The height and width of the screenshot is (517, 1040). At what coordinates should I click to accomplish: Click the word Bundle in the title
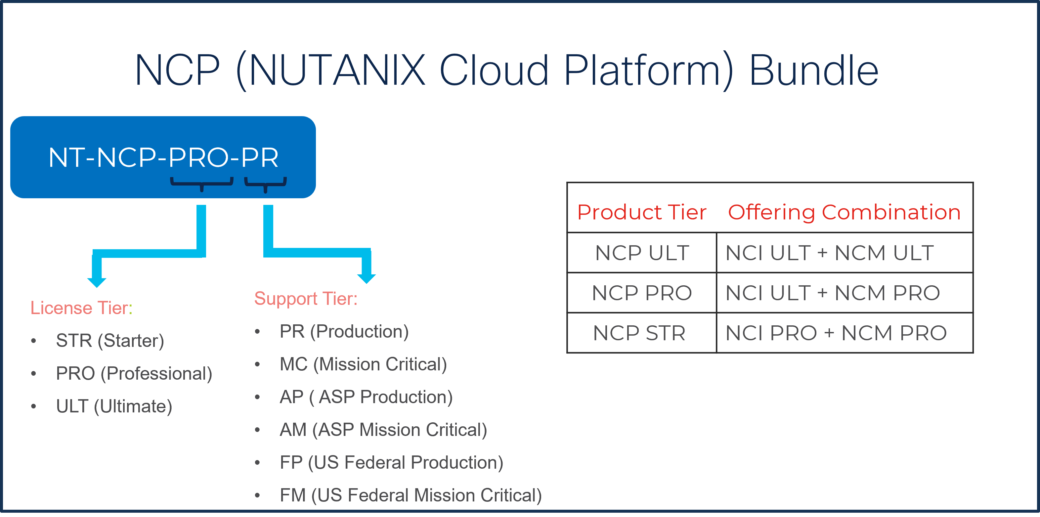tap(813, 71)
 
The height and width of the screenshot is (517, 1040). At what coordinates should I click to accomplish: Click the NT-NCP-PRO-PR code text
tap(163, 157)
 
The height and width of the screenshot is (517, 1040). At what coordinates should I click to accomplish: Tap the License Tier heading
tap(81, 308)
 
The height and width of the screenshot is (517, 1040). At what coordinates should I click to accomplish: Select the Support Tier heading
tap(306, 299)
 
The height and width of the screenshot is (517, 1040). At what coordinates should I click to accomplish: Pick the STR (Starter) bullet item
tap(110, 341)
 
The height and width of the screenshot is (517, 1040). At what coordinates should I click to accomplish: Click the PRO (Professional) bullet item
tap(134, 374)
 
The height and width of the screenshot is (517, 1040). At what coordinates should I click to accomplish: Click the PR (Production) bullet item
tap(344, 332)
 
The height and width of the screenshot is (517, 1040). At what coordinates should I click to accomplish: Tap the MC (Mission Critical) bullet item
tap(363, 364)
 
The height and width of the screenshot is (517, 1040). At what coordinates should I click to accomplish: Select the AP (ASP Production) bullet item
tap(366, 397)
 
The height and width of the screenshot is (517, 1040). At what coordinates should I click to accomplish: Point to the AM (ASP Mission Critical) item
tap(383, 430)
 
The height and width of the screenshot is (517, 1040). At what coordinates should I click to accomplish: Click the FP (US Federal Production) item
tap(391, 462)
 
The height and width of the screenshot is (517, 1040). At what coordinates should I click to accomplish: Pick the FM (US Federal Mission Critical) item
tap(411, 495)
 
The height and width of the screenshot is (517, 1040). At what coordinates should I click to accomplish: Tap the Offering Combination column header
tap(844, 212)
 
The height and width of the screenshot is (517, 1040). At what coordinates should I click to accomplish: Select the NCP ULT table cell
tap(642, 253)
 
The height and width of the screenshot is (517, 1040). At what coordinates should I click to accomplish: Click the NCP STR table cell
tap(639, 333)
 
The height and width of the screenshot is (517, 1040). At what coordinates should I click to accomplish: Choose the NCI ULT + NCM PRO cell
tap(833, 293)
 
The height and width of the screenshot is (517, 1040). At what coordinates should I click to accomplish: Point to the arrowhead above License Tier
tap(97, 282)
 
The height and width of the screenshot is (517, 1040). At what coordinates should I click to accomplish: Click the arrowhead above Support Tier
tap(367, 278)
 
